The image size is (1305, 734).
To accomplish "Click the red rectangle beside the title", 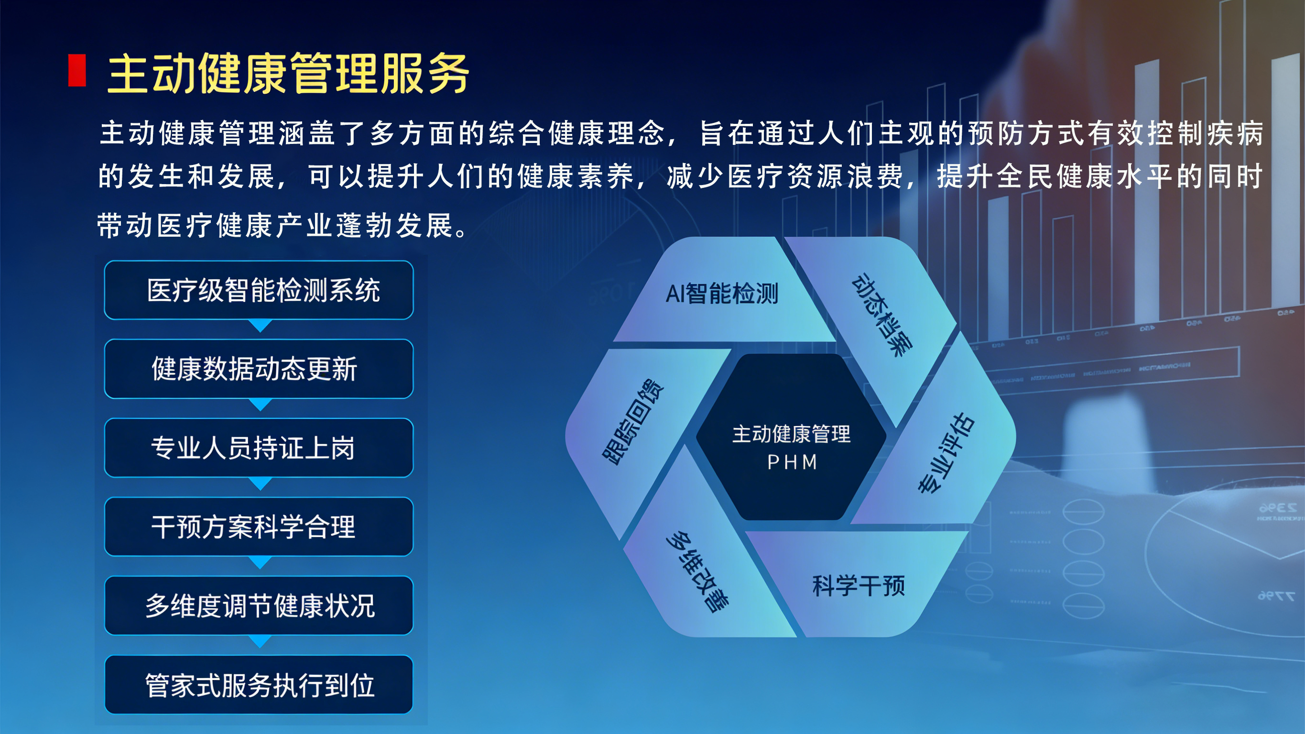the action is [x=77, y=70].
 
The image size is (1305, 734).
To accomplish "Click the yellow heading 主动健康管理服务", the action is [x=288, y=74].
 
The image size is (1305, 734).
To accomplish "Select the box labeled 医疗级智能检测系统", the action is [x=259, y=290].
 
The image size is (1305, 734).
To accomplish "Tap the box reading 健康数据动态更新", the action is [x=259, y=369].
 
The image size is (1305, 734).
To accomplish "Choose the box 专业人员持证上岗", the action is [x=259, y=448].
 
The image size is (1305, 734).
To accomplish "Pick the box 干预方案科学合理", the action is [x=259, y=526].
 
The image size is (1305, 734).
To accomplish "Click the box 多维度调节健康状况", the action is [x=259, y=606].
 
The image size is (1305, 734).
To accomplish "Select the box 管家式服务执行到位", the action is [x=259, y=685].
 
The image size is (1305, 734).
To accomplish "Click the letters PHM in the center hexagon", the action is [x=792, y=462].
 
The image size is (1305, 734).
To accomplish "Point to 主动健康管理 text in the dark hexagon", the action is [x=791, y=434].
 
